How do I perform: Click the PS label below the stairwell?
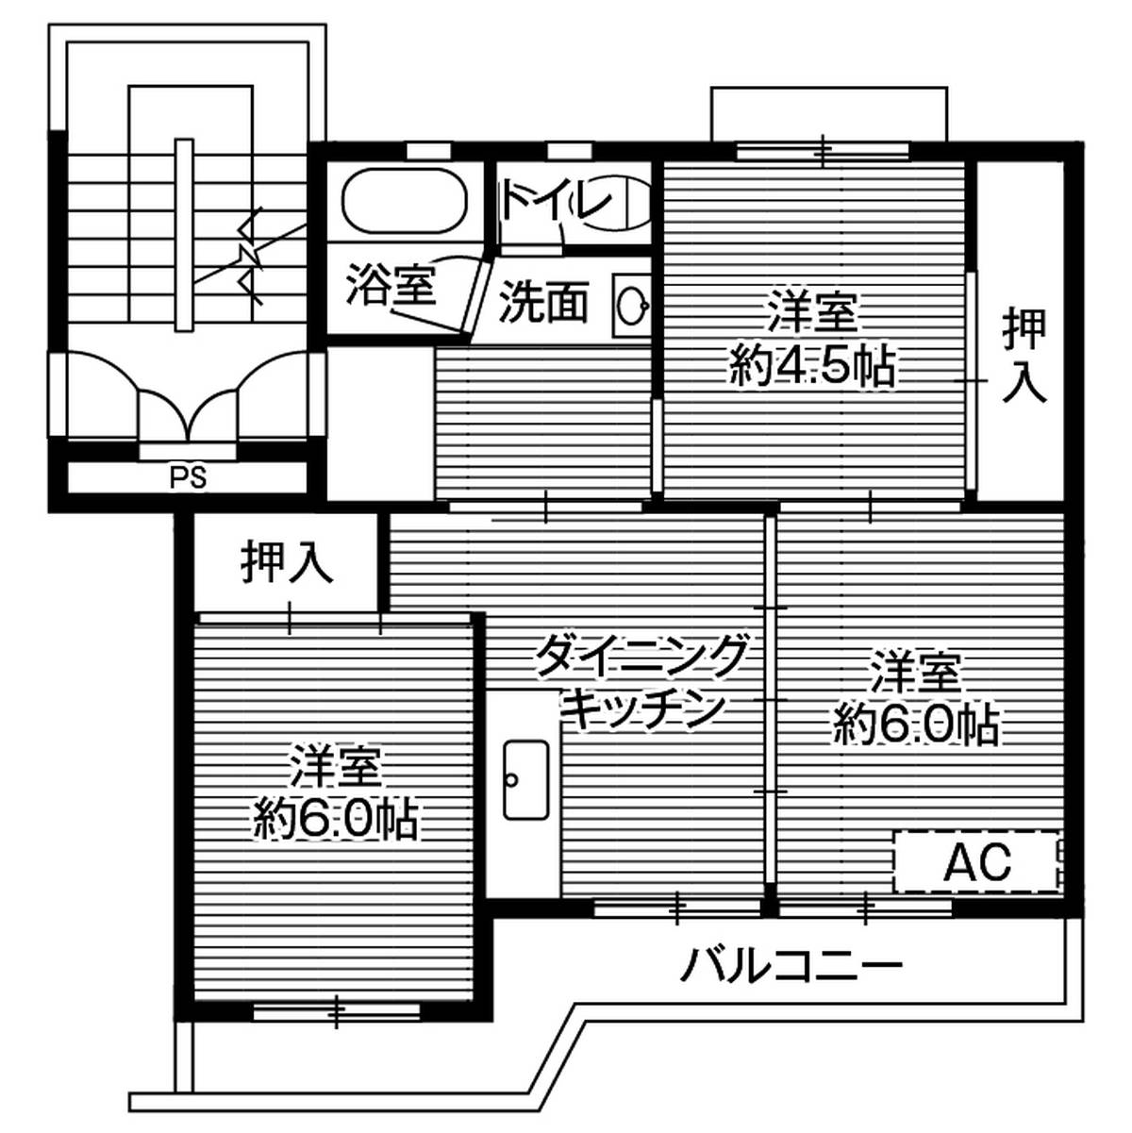point(188,478)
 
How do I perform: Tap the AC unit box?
point(977,860)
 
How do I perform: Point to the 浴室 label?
point(391,285)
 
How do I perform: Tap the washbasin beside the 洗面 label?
point(630,303)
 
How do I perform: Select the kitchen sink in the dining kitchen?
point(525,778)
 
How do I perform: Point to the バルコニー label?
point(792,965)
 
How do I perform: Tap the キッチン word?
point(642,708)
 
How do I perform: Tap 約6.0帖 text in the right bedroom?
point(916,725)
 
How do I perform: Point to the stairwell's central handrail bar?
point(184,236)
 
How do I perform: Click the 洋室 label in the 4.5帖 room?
point(812,314)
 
